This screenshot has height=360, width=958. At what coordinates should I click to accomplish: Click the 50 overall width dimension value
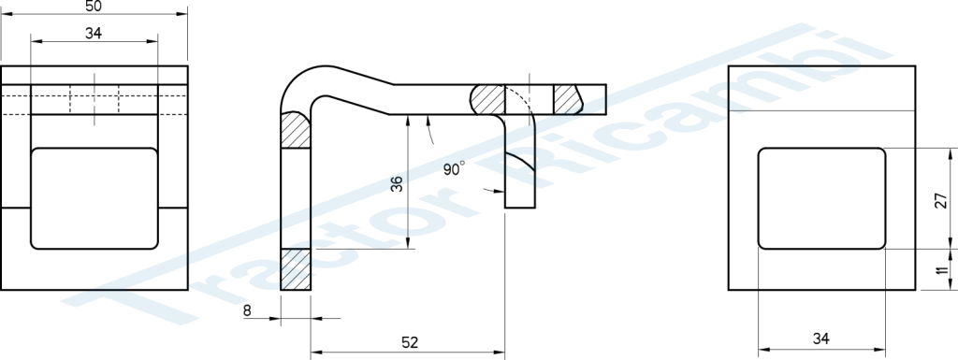[94, 6]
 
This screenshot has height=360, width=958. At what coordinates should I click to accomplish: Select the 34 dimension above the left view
[94, 34]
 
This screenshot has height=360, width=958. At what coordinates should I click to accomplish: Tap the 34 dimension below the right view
[821, 338]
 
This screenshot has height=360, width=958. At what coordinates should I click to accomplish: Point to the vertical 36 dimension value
[397, 183]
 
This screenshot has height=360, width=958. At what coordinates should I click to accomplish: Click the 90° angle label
[454, 168]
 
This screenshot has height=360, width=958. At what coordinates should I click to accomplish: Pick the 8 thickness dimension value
[247, 310]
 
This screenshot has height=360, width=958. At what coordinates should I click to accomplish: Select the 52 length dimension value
[410, 342]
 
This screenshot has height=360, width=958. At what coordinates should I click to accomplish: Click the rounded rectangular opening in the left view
[94, 198]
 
